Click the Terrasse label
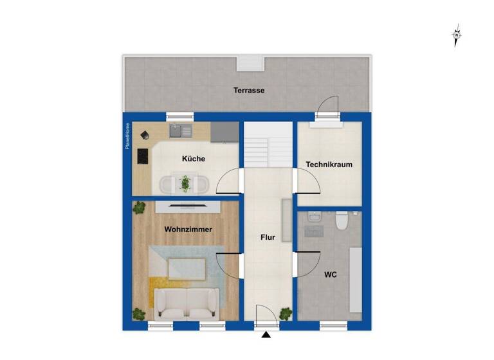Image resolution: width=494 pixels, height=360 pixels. pyautogui.click(x=248, y=91)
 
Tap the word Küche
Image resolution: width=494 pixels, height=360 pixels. pyautogui.click(x=193, y=159)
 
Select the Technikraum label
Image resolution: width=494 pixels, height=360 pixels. pyautogui.click(x=329, y=165)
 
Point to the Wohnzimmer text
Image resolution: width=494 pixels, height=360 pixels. pyautogui.click(x=188, y=229)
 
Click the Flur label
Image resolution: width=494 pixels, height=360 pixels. pyautogui.click(x=268, y=237)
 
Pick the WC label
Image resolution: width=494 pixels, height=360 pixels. pyautogui.click(x=330, y=274)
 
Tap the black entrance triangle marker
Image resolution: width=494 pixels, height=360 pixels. pyautogui.click(x=266, y=335)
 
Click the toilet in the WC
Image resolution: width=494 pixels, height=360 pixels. pyautogui.click(x=342, y=222)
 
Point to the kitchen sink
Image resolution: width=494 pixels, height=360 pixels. pyautogui.click(x=180, y=132)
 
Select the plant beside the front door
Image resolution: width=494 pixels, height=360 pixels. pyautogui.click(x=286, y=313)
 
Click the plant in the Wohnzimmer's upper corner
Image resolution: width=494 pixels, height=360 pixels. pyautogui.click(x=139, y=207)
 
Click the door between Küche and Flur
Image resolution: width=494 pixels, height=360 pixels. pyautogui.click(x=230, y=182)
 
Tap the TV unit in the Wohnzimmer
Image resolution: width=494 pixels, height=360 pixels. pyautogui.click(x=188, y=206)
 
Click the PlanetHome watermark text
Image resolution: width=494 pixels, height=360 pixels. pyautogui.click(x=127, y=136)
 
